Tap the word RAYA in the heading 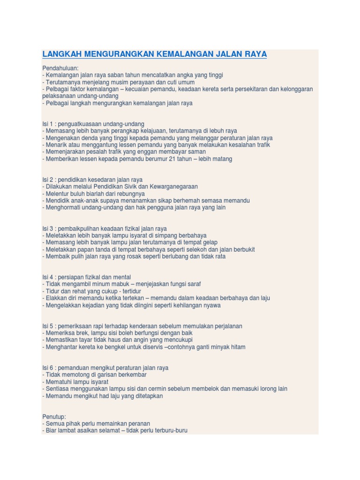pos(255,54)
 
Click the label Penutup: pos(54,416)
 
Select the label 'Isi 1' pos(48,124)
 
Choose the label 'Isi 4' pos(48,277)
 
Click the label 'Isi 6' pos(48,368)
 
